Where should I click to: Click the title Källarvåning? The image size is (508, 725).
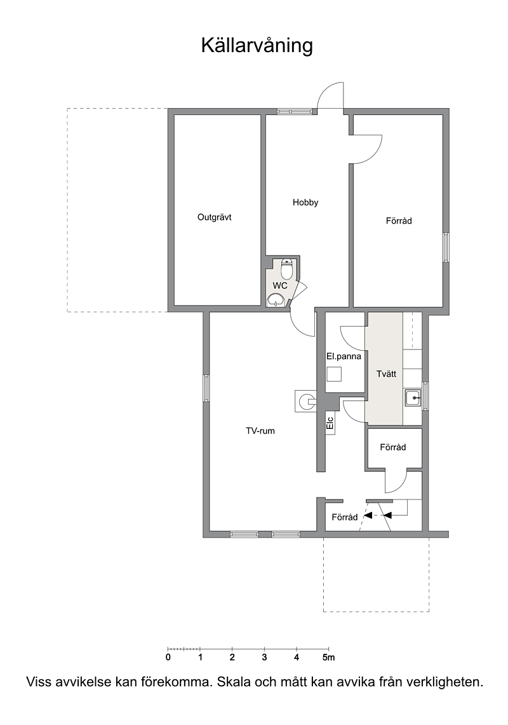(257, 46)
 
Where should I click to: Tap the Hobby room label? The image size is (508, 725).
(305, 203)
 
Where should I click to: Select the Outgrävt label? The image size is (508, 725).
(214, 217)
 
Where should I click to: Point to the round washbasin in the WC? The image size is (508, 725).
(276, 300)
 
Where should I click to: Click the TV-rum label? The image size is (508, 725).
(260, 431)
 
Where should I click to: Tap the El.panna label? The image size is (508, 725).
(344, 356)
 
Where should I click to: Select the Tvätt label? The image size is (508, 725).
(386, 374)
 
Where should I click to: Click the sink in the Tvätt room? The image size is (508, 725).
(413, 398)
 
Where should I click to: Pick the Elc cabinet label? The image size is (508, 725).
(330, 423)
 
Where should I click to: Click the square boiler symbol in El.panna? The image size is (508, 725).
(334, 374)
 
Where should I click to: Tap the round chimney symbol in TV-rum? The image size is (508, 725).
(305, 400)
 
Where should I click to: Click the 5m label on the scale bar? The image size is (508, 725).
(329, 658)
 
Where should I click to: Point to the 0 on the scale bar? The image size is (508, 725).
(168, 658)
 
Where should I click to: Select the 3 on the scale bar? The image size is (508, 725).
(264, 658)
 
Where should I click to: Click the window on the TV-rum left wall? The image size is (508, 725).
(206, 388)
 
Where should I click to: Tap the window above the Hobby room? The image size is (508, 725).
(295, 111)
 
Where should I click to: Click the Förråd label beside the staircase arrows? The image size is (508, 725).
(344, 517)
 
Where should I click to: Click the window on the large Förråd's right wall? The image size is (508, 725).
(446, 248)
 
